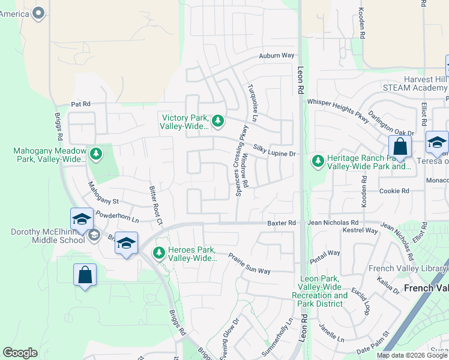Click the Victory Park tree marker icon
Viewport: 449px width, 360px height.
point(218,122)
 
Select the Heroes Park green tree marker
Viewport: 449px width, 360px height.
point(159,253)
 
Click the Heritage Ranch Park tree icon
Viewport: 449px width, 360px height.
point(317,161)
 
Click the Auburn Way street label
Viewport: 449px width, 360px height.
point(277,56)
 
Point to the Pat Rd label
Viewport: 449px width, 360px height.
point(80,104)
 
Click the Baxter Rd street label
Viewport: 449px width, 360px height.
point(282,223)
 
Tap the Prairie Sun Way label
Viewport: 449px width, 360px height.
point(249,263)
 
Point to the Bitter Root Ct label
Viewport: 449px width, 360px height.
point(155,205)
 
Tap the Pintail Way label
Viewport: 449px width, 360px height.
point(325,257)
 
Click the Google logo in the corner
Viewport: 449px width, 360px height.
point(20,353)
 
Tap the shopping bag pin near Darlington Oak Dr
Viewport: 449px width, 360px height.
point(400,147)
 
